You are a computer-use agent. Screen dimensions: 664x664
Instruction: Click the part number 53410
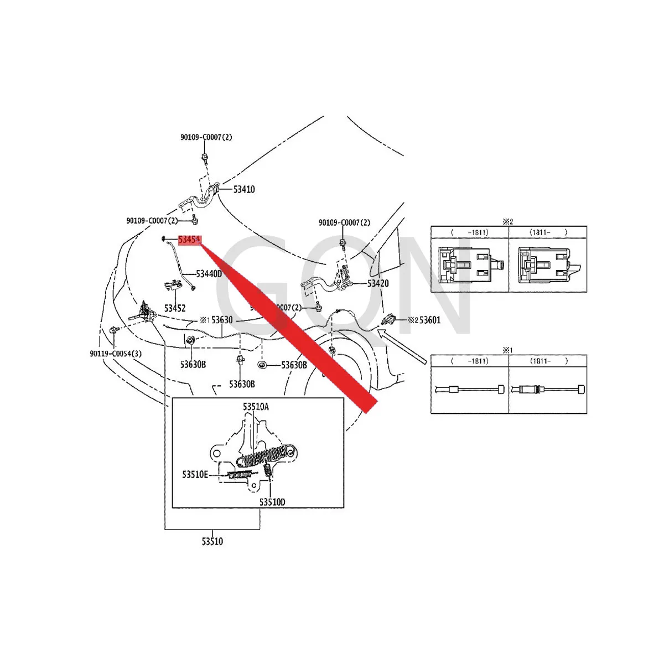click(243, 190)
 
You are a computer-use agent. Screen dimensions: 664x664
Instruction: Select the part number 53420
click(378, 284)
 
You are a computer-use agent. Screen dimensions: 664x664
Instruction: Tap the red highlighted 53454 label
click(189, 240)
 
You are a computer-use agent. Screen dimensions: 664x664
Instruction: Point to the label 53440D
click(209, 274)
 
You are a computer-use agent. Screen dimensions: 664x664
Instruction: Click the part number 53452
click(175, 308)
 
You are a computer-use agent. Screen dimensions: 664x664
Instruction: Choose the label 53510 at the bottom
click(212, 542)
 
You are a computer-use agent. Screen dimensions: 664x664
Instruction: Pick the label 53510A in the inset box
click(256, 407)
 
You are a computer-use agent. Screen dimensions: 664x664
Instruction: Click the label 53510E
click(195, 474)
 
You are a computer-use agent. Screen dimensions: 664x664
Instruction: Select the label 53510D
click(272, 502)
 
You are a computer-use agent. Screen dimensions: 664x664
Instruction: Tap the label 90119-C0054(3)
click(116, 354)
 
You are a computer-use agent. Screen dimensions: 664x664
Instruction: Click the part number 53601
click(430, 320)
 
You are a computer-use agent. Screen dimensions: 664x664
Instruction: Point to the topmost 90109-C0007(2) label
click(206, 137)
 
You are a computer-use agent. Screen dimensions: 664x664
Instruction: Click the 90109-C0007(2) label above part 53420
click(344, 223)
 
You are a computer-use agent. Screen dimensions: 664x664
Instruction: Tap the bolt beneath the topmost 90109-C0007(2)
click(204, 157)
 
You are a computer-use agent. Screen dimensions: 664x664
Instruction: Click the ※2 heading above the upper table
click(507, 221)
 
